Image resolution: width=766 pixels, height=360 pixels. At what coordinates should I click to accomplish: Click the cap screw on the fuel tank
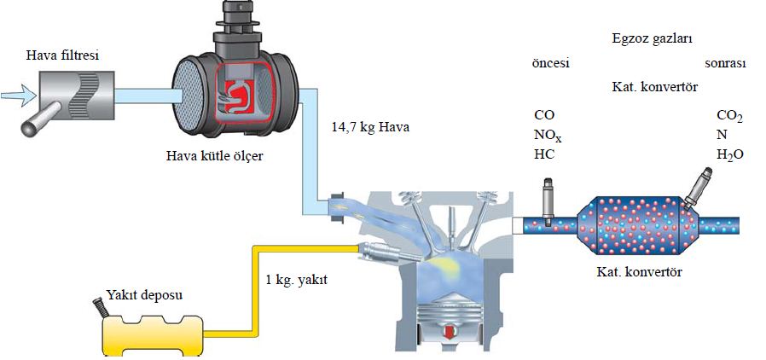[x=98, y=304]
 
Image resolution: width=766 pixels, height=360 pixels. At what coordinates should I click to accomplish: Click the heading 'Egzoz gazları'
[x=651, y=38]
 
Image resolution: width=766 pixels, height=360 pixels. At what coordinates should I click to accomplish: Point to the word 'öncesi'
[x=549, y=63]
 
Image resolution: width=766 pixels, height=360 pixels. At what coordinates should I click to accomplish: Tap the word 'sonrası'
[x=725, y=63]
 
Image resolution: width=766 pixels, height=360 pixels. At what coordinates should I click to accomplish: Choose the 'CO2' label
[x=729, y=115]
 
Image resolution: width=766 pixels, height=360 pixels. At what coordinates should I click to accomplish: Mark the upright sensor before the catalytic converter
[x=548, y=201]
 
